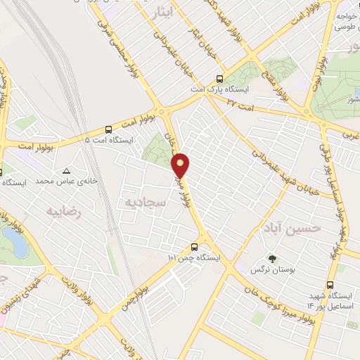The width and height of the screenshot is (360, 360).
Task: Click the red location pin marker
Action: pos(181,165)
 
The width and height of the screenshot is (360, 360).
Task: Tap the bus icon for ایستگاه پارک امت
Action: pos(219,79)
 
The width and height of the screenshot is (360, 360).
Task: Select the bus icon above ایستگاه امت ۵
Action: pos(108,130)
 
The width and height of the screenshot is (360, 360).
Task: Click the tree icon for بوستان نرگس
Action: pos(271,258)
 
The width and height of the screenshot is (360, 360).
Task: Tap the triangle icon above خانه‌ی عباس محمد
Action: pos(66,171)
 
